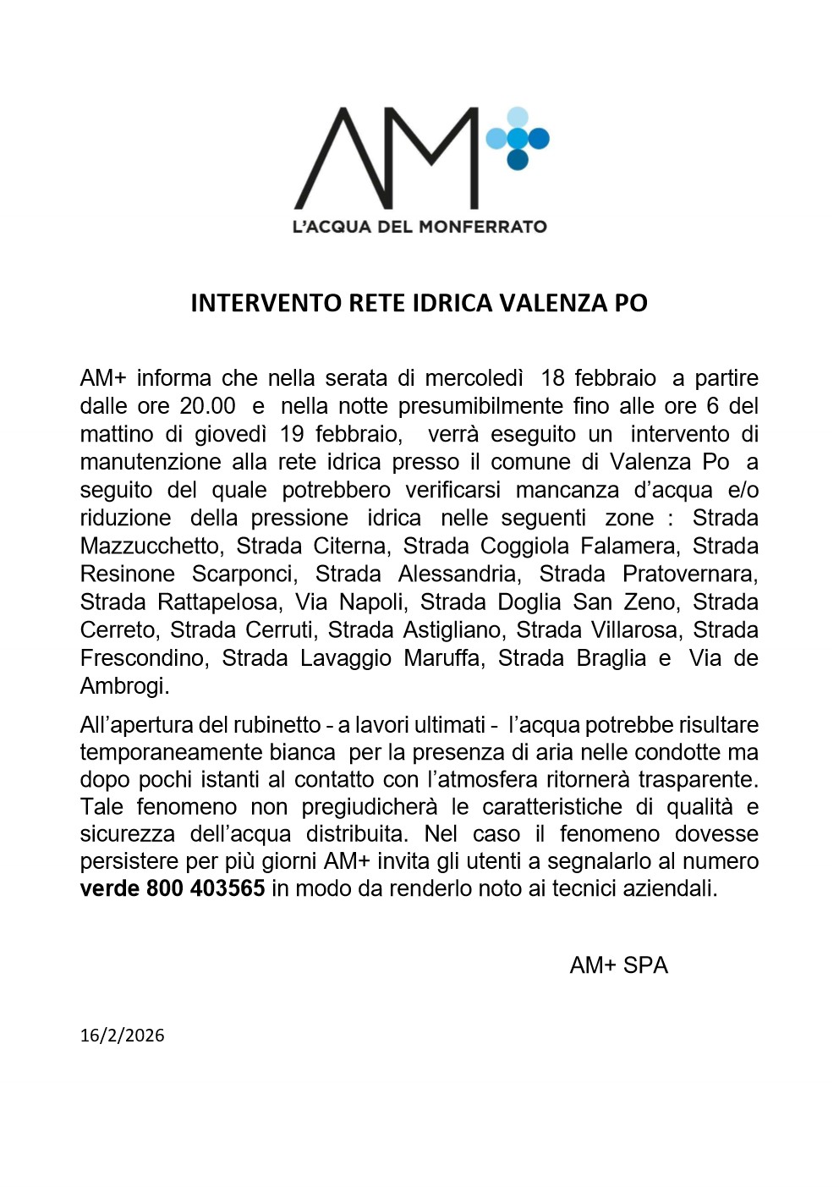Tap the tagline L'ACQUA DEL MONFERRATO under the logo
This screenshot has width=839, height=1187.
coord(419,227)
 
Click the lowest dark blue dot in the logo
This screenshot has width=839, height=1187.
coord(518,159)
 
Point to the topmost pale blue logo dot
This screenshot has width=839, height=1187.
coord(518,118)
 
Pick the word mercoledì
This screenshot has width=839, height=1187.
coord(474,378)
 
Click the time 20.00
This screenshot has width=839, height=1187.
coord(207,406)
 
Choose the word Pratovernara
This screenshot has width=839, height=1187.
coord(689,574)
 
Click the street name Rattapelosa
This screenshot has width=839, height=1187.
coord(219,602)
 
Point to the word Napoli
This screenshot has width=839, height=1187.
coord(371,602)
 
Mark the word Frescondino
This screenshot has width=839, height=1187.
coord(144,657)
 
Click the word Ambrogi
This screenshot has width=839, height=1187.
coord(124,685)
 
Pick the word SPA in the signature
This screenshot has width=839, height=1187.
coord(645,965)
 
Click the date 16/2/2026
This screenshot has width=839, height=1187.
coord(122,1036)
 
